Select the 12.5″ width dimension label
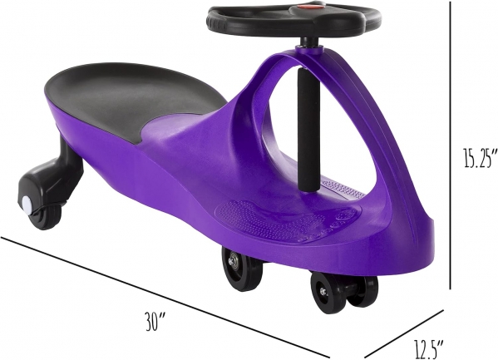(428, 348)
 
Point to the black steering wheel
(293, 19)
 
